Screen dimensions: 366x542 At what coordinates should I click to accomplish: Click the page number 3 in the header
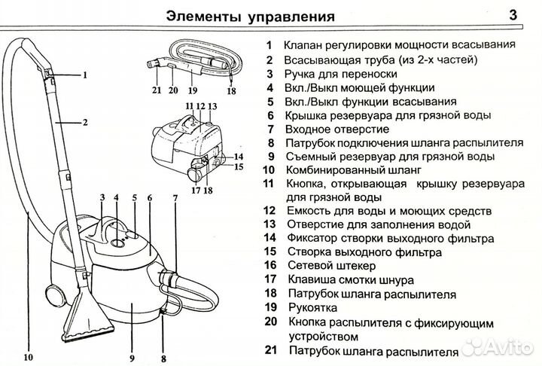513,14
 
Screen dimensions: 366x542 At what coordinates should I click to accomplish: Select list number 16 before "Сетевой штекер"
271,266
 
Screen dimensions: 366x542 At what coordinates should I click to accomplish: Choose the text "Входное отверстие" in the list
336,129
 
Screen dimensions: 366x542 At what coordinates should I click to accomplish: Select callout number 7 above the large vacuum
175,199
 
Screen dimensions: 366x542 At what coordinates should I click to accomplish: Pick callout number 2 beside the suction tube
85,122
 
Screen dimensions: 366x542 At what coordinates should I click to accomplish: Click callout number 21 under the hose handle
156,90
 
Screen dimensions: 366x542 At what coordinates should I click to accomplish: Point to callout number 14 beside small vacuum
238,156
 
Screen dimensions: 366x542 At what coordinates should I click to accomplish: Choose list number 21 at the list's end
271,351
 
